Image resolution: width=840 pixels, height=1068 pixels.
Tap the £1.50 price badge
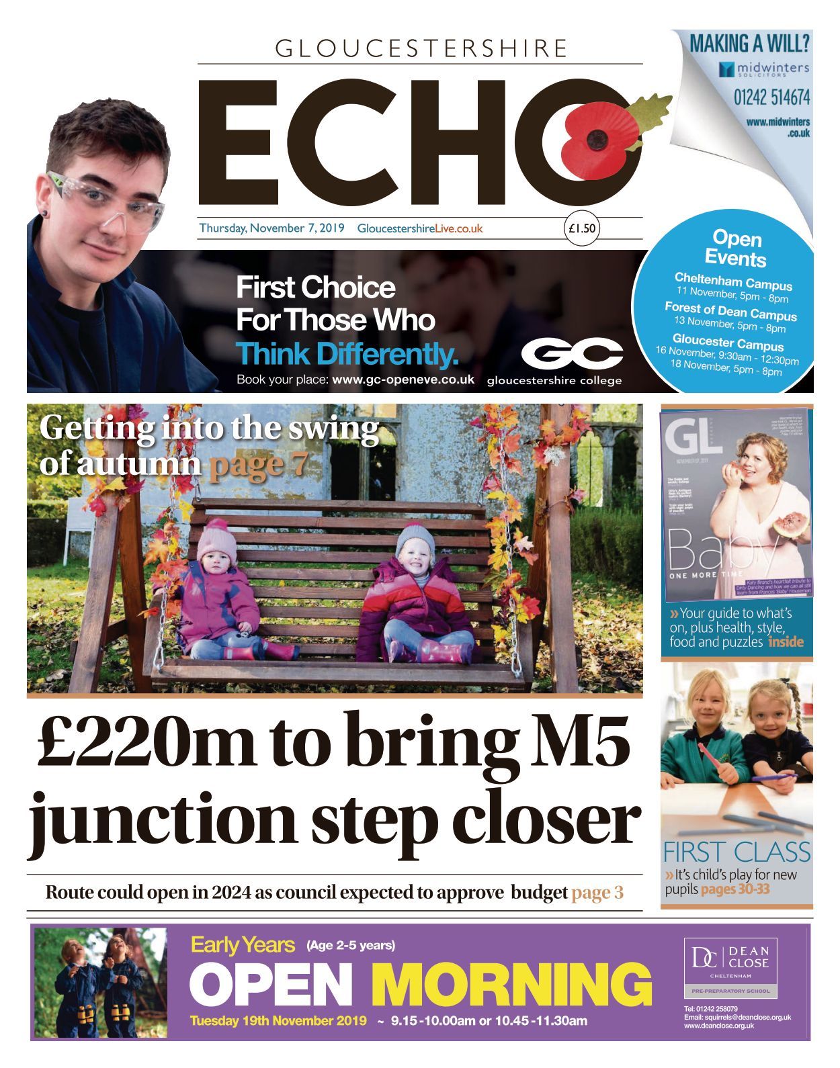point(581,228)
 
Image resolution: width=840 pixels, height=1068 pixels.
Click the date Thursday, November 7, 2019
point(271,228)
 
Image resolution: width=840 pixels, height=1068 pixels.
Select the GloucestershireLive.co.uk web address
point(420,228)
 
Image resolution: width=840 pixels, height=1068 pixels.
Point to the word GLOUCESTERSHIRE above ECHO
point(421,48)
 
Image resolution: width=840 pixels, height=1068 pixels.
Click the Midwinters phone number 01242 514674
point(771,98)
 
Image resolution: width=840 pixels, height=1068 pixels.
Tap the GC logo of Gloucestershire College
point(571,353)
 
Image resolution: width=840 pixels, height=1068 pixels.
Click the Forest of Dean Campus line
point(730,311)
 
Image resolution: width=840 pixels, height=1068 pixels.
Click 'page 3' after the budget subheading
point(597,892)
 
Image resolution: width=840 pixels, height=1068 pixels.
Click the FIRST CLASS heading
point(737,852)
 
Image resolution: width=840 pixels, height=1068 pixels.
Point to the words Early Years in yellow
point(243,945)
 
